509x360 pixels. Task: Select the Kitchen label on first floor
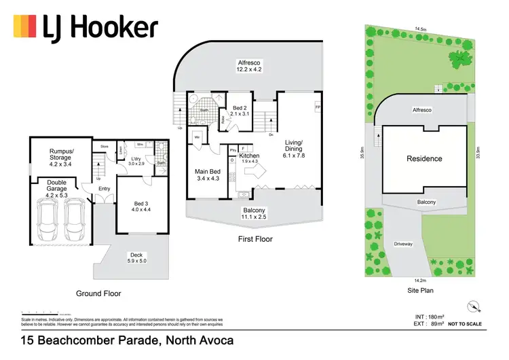click(249, 157)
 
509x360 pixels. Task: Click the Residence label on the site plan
click(424, 158)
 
